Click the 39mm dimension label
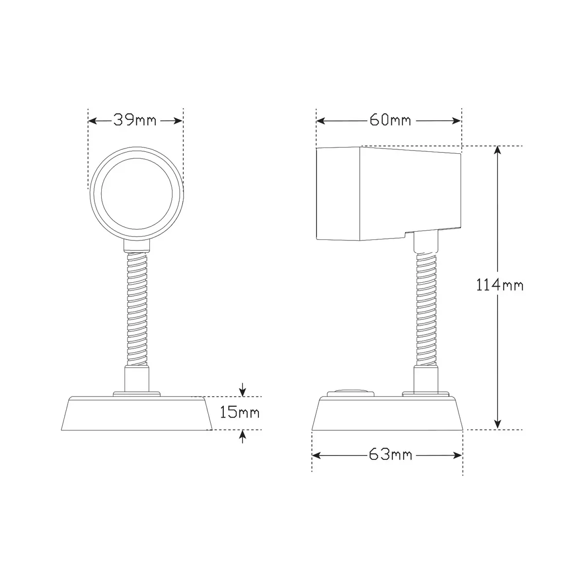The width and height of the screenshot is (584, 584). click(x=135, y=120)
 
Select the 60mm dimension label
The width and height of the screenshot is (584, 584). click(x=390, y=120)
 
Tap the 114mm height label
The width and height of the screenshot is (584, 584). click(x=500, y=285)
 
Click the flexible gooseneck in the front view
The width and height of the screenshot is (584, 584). click(x=137, y=309)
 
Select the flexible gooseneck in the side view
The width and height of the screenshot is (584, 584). click(x=426, y=309)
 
